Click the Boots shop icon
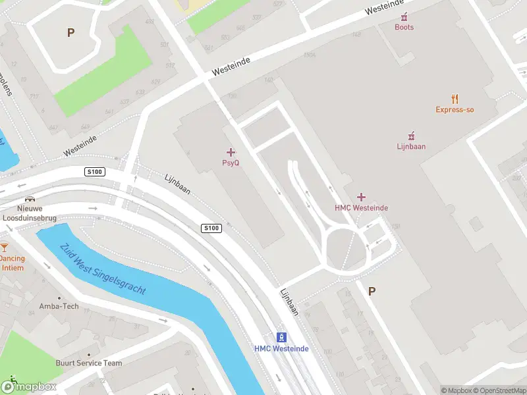pyautogui.click(x=404, y=16)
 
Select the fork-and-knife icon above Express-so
pyautogui.click(x=455, y=99)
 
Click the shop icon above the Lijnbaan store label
pyautogui.click(x=411, y=136)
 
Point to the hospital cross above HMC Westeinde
pyautogui.click(x=361, y=197)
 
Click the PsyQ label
pyautogui.click(x=230, y=163)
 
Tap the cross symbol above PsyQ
pyautogui.click(x=231, y=152)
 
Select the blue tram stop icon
pyautogui.click(x=281, y=337)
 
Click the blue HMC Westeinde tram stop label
pyautogui.click(x=281, y=349)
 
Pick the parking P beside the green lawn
pyautogui.click(x=70, y=32)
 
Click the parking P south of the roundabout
pyautogui.click(x=372, y=291)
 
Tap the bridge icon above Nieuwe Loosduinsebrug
pyautogui.click(x=29, y=199)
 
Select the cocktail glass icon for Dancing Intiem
pyautogui.click(x=5, y=248)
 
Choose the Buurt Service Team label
pyautogui.click(x=88, y=363)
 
